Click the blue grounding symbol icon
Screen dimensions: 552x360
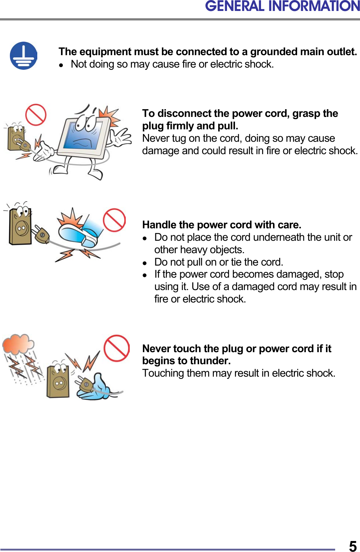tap(23, 56)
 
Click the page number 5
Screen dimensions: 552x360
tap(352, 546)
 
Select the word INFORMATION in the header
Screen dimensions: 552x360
tap(314, 6)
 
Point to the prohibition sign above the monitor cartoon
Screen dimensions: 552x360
tap(35, 115)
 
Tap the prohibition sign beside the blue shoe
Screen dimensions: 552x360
tap(114, 220)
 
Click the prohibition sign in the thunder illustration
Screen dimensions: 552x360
tap(117, 348)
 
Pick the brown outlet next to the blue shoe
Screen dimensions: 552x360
tap(20, 226)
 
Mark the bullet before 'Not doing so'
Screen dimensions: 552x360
tap(62, 65)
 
